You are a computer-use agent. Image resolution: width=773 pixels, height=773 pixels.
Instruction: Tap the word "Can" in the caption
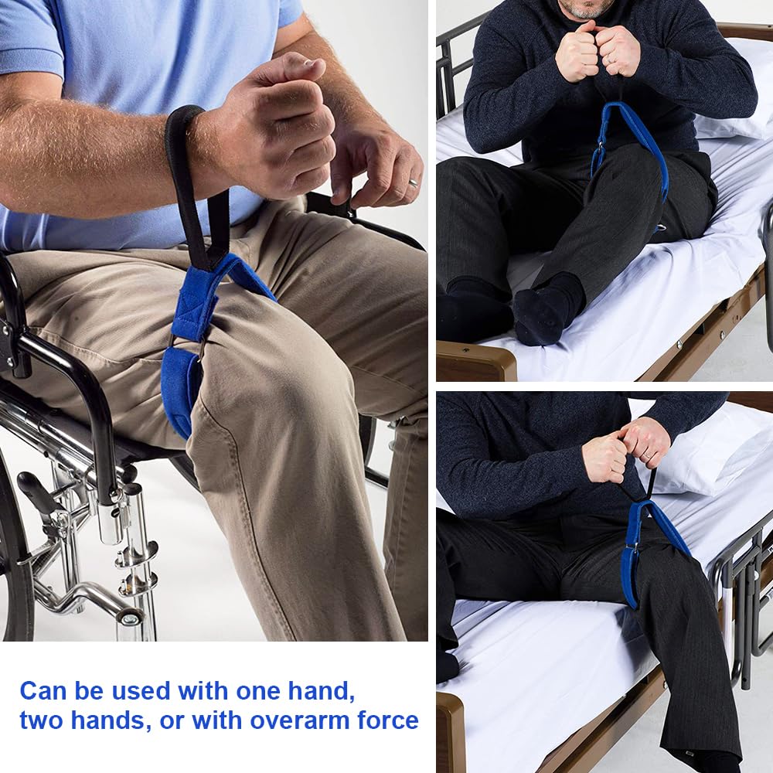point(43,691)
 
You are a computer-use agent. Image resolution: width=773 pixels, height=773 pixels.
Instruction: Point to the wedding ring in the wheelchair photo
point(413,183)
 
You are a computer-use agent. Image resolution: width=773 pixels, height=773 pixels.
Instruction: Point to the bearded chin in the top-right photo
point(586,11)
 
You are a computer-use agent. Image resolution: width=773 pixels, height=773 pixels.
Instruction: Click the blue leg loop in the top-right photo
point(628,148)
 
